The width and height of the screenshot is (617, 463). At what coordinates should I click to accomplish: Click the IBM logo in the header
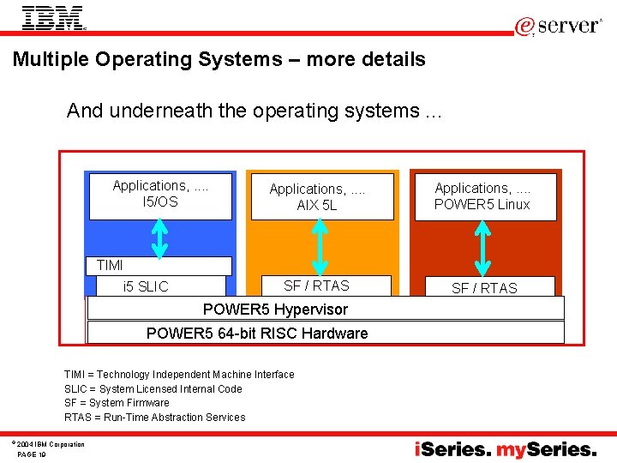53,18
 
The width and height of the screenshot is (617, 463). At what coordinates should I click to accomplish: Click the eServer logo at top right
558,26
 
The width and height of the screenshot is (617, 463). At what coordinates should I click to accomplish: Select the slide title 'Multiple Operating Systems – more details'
219,59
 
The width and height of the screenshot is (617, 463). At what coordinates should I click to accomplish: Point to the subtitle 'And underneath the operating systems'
254,111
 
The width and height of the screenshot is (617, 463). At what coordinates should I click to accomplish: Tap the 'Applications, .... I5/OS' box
160,195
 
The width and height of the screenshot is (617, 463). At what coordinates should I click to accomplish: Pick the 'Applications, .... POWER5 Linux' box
482,196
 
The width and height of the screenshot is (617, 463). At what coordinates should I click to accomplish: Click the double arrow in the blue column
160,238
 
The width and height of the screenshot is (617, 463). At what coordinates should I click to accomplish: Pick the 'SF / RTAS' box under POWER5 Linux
484,287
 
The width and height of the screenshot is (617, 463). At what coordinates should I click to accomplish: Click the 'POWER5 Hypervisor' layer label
275,309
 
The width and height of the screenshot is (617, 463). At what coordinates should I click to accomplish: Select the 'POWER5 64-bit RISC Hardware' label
257,333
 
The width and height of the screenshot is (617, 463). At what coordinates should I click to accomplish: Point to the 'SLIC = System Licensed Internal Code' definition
153,388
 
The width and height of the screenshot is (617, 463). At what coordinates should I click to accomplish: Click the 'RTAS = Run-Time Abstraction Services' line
154,417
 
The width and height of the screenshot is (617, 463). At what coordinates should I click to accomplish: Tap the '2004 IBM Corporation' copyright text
50,444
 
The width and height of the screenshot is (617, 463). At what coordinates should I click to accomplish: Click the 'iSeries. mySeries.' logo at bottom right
506,448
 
